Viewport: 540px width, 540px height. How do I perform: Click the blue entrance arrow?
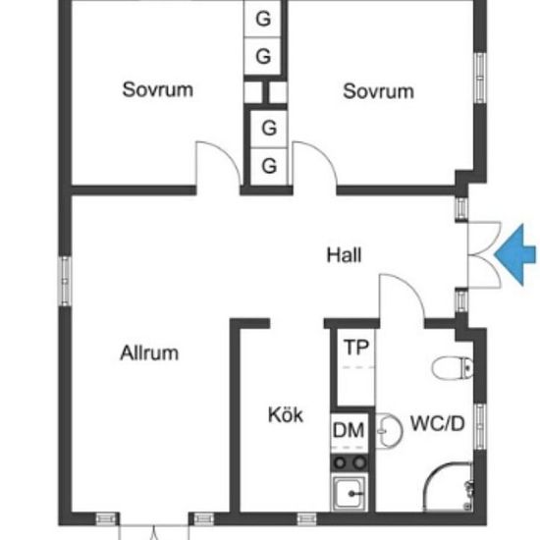(x=515, y=255)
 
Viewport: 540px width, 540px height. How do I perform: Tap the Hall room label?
(x=344, y=255)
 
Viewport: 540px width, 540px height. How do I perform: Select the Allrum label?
(x=149, y=353)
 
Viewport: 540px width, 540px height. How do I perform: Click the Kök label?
(x=286, y=414)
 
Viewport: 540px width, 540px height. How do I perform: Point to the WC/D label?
(x=438, y=423)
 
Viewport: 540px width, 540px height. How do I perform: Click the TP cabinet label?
(x=356, y=348)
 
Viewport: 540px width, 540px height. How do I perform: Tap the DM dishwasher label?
(x=349, y=430)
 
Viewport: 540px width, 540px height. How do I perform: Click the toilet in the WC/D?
(x=453, y=368)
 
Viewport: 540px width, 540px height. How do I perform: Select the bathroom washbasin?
(x=388, y=430)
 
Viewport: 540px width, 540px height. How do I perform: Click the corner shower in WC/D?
(x=448, y=486)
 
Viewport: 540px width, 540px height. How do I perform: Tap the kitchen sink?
(x=349, y=493)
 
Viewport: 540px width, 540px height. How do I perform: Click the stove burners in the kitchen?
(x=350, y=462)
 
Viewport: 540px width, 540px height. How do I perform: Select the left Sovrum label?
(x=158, y=89)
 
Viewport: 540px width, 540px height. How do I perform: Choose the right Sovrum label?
(x=378, y=91)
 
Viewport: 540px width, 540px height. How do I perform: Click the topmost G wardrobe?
(x=263, y=19)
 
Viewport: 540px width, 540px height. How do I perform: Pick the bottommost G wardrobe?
(x=269, y=166)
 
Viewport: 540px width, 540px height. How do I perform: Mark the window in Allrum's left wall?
(x=66, y=281)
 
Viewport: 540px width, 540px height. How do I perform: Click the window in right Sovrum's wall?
(x=480, y=78)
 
